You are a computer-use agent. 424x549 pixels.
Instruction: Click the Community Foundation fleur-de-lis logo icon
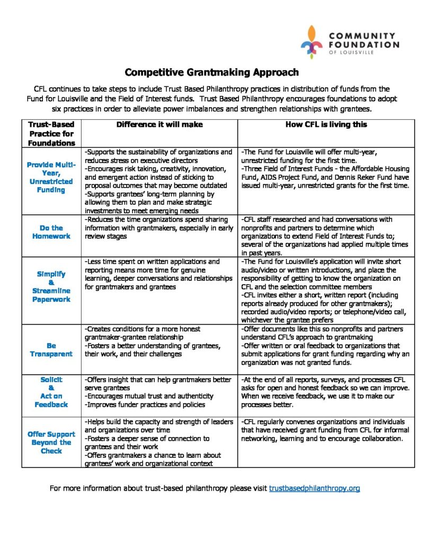tap(312, 41)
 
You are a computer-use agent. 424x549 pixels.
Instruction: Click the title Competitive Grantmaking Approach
tap(212, 72)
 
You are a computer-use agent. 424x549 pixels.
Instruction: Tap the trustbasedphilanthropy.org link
tap(314, 488)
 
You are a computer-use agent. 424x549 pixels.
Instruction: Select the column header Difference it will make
tap(159, 124)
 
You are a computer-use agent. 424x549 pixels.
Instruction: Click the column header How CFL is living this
tap(326, 124)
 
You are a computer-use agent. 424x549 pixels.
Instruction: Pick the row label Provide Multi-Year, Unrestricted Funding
tap(51, 177)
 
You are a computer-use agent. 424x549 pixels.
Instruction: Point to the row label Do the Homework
tap(51, 232)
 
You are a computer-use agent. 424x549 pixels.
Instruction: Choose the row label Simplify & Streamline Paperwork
tap(51, 286)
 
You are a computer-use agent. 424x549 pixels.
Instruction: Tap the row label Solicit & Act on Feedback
tap(51, 392)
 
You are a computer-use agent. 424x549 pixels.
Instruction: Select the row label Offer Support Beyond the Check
tap(51, 442)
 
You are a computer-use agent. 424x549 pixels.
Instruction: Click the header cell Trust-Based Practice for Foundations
tap(51, 133)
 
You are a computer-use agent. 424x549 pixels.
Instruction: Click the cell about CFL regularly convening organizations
tap(325, 430)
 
